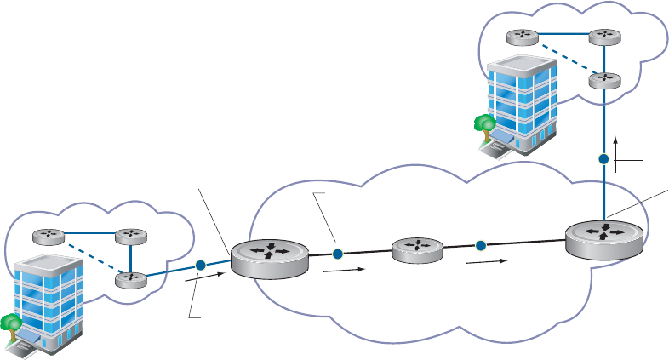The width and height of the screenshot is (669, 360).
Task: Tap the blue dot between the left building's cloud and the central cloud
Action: coord(200,266)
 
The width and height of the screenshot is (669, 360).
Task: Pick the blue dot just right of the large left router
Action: coord(337,254)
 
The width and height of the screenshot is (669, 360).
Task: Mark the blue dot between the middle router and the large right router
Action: coord(480,246)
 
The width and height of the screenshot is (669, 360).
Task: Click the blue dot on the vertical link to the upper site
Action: coord(603,159)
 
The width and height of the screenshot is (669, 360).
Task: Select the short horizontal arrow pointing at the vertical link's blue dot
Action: coord(630,159)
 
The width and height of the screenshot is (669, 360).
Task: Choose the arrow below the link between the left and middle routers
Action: coord(344,271)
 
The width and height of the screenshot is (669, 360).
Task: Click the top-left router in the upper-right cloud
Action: coord(521,37)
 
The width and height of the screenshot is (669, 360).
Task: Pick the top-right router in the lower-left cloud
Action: coord(130,236)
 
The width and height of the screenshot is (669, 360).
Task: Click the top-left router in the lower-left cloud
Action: coord(48,236)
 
